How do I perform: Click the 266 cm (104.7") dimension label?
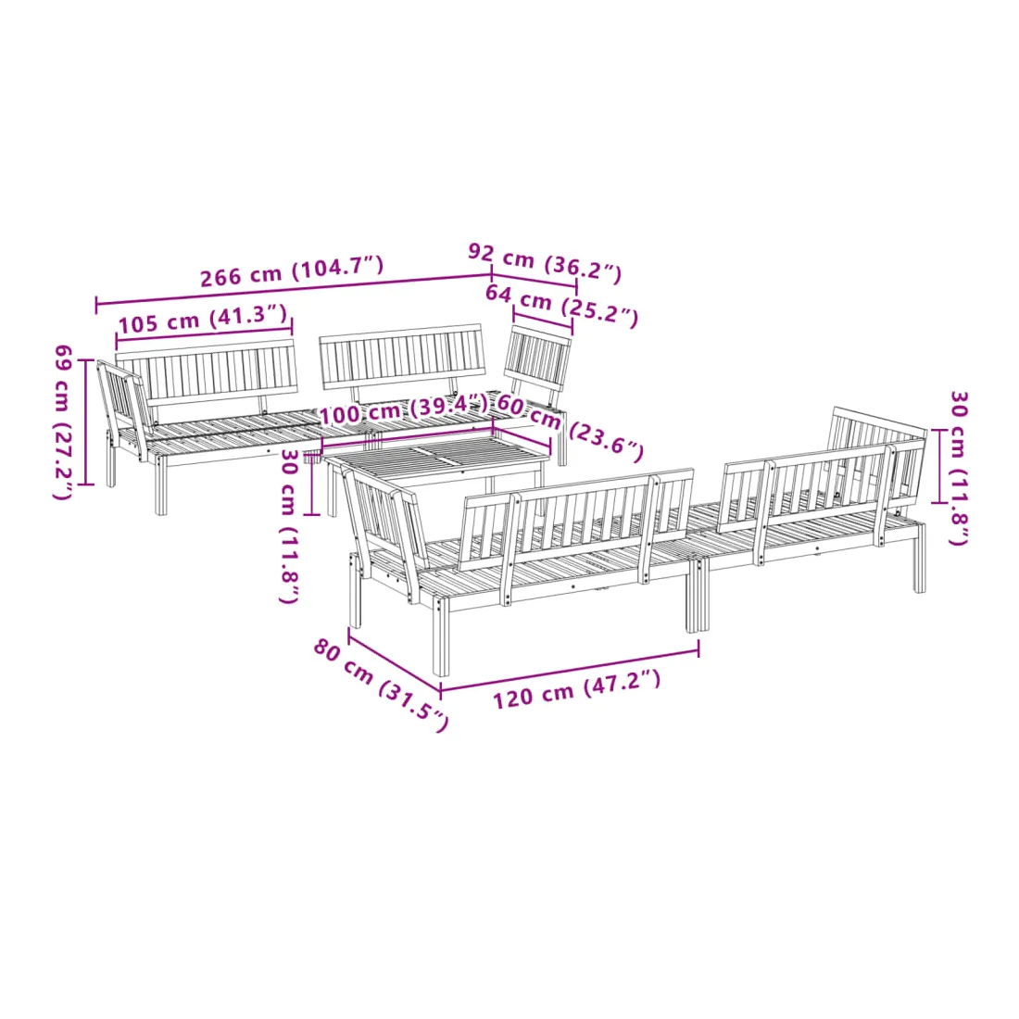[292, 271]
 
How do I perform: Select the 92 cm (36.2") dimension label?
[545, 262]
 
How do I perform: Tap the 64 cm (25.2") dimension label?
[561, 305]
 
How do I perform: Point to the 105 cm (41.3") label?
[203, 319]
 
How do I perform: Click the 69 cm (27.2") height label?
[63, 421]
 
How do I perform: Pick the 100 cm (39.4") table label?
[403, 410]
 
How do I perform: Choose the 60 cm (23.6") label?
[570, 428]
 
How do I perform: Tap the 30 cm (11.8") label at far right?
[959, 468]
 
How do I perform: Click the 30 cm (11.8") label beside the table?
[290, 526]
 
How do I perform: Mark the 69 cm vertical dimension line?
[86, 421]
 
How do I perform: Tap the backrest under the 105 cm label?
[207, 373]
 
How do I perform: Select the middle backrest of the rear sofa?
[403, 358]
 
